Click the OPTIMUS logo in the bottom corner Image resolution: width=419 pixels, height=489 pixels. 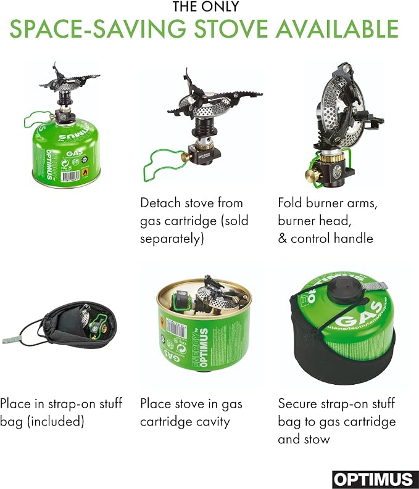click(375, 480)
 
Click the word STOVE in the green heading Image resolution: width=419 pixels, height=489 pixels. click(231, 29)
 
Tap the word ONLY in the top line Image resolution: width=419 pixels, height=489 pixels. click(222, 7)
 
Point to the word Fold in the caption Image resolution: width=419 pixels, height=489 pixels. click(290, 203)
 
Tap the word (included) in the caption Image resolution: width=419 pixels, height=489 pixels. click(56, 422)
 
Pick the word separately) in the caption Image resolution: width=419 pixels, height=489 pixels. click(172, 239)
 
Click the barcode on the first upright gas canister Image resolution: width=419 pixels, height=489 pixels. click(71, 176)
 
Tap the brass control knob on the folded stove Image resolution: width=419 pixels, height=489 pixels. click(312, 176)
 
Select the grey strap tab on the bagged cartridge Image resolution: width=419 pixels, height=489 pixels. click(376, 286)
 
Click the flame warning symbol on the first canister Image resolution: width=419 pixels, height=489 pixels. click(85, 172)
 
